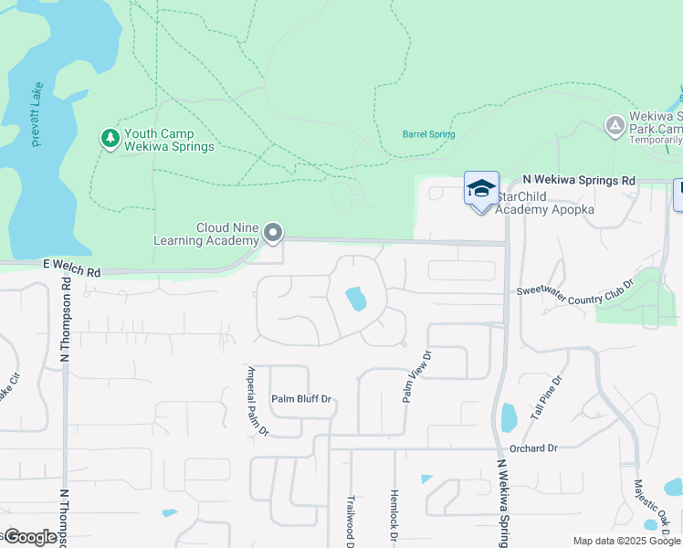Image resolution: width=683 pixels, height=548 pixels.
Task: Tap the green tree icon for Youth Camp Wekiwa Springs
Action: (110, 138)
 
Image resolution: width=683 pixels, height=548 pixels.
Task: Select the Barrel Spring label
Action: (428, 134)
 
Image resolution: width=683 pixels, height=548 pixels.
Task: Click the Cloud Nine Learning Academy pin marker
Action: (273, 234)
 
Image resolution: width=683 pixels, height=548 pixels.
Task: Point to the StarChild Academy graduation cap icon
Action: (481, 189)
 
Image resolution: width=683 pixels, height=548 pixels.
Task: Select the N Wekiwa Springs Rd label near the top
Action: (578, 181)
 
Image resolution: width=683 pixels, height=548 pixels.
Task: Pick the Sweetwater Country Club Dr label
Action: (574, 292)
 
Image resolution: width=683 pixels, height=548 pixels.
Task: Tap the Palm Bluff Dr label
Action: (300, 399)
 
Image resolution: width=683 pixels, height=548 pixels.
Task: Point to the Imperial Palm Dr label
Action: (257, 400)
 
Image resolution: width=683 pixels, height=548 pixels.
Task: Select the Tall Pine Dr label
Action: (552, 395)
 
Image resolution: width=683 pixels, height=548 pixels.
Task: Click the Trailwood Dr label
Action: (350, 521)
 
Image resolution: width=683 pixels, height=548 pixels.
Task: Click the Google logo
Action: (30, 537)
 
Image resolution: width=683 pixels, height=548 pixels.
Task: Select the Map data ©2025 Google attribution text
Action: (625, 541)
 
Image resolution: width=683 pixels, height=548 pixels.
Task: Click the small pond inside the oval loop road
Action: (356, 299)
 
